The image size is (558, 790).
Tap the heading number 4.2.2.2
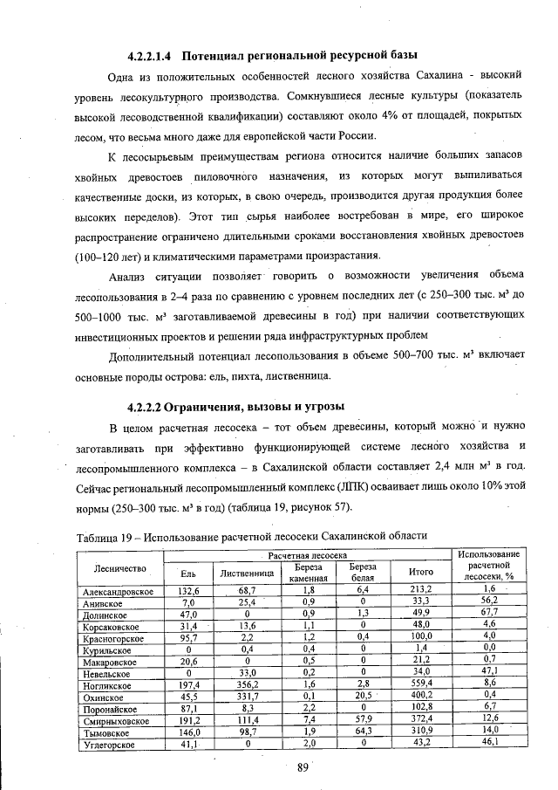point(144,406)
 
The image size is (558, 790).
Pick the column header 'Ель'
point(187,573)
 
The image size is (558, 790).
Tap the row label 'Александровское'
point(118,591)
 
